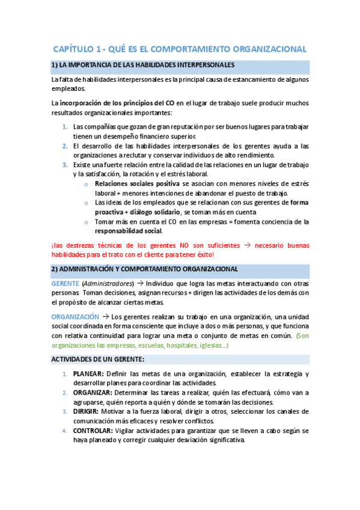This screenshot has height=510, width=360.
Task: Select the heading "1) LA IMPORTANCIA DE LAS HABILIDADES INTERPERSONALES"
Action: pyautogui.click(x=143, y=65)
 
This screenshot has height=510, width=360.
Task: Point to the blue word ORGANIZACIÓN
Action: pyautogui.click(x=75, y=316)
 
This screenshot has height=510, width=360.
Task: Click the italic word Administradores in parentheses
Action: pyautogui.click(x=105, y=283)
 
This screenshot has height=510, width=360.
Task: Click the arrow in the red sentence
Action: pyautogui.click(x=246, y=245)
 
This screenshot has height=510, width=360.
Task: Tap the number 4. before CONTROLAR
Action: pyautogui.click(x=65, y=431)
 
